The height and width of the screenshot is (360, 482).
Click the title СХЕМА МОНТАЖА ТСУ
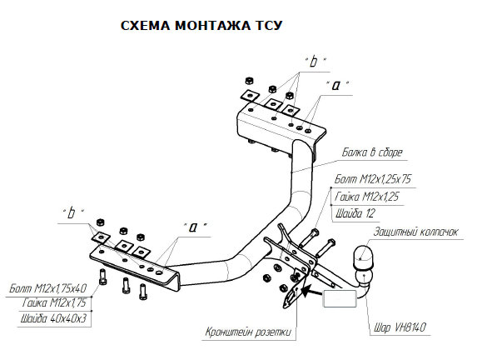coord(201,26)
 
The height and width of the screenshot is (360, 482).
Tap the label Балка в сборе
coord(372,152)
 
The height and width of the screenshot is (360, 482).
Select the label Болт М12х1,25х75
coord(373,179)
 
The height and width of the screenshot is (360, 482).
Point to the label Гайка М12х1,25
coord(366,196)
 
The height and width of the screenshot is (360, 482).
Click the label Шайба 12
coord(355,213)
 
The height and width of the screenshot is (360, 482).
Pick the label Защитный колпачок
coord(416,232)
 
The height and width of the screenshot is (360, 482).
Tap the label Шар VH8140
coord(400,327)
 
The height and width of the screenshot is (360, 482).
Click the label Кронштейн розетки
coord(248,332)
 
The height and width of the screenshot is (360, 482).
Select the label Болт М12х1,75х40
coord(48,288)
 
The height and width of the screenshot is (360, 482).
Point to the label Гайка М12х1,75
coord(54,302)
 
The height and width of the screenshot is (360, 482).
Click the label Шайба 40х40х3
coord(54,317)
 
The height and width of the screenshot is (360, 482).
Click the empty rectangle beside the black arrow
coord(340,298)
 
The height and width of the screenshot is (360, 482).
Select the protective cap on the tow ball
coord(363,256)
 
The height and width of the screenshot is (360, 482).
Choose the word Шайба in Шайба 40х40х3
coord(33,317)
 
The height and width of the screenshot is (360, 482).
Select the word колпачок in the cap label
coord(439,232)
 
